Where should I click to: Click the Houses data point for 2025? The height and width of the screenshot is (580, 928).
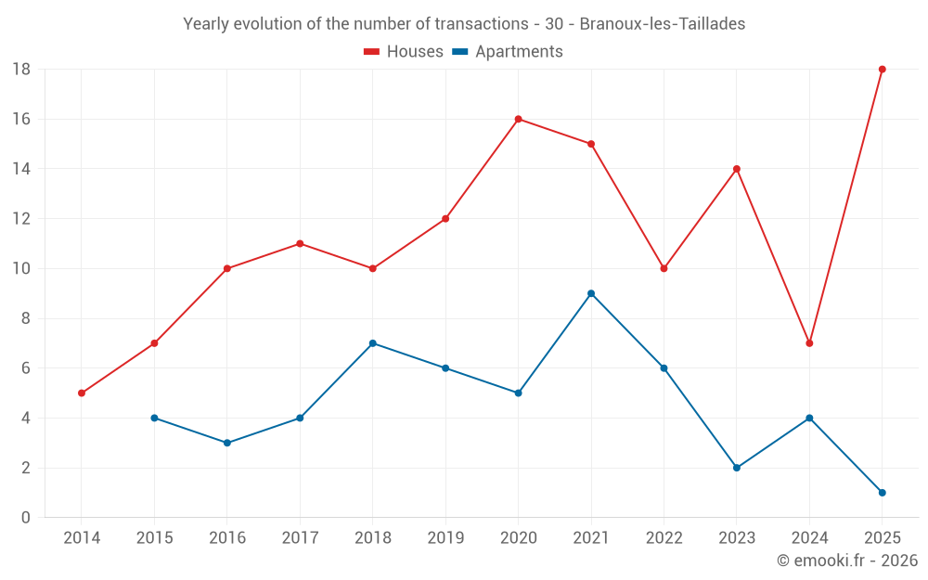pyautogui.click(x=882, y=70)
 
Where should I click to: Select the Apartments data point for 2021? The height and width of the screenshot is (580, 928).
pyautogui.click(x=590, y=293)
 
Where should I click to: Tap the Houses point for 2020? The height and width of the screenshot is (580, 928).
pyautogui.click(x=518, y=119)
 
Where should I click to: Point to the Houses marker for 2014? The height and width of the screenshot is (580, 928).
pyautogui.click(x=82, y=393)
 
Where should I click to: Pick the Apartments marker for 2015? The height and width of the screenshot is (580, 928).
pyautogui.click(x=154, y=418)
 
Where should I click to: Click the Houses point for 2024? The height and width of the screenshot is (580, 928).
pyautogui.click(x=809, y=343)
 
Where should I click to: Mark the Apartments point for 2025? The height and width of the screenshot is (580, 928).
pyautogui.click(x=882, y=493)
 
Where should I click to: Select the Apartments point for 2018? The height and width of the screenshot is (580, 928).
pyautogui.click(x=372, y=343)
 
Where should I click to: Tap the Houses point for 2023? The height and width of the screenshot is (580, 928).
pyautogui.click(x=736, y=169)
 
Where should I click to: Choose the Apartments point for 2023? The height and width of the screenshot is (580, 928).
pyautogui.click(x=736, y=468)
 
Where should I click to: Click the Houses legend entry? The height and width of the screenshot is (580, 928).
pyautogui.click(x=404, y=51)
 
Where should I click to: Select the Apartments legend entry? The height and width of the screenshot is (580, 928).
pyautogui.click(x=508, y=51)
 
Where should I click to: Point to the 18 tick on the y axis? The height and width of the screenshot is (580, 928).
pyautogui.click(x=21, y=70)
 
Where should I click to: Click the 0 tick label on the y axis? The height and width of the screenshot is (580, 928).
pyautogui.click(x=25, y=517)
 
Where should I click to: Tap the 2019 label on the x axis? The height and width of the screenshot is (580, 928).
pyautogui.click(x=445, y=537)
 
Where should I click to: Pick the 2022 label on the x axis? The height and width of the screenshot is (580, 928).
pyautogui.click(x=664, y=537)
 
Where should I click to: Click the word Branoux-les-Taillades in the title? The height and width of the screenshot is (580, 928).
pyautogui.click(x=663, y=24)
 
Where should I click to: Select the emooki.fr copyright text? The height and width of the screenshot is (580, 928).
pyautogui.click(x=847, y=560)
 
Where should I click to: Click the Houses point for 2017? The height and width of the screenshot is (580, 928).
pyautogui.click(x=300, y=243)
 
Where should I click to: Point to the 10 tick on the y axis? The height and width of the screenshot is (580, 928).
pyautogui.click(x=21, y=268)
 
